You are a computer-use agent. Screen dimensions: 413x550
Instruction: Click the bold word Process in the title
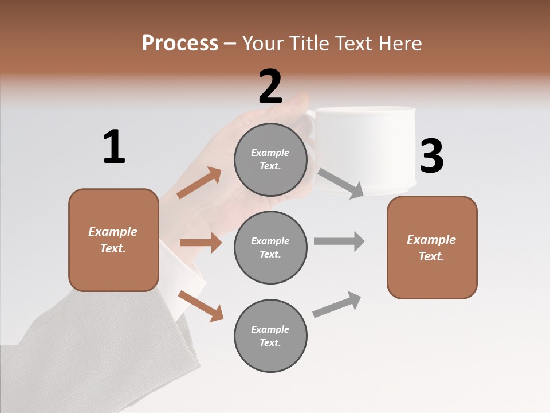tap(180, 43)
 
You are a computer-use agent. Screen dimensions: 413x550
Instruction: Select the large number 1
tap(114, 147)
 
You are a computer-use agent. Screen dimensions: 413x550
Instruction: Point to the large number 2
tap(270, 87)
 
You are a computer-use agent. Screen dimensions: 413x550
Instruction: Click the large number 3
tap(431, 157)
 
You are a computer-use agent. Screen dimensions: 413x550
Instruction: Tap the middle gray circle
tap(270, 247)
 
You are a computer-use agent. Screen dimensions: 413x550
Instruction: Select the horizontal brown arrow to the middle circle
tap(201, 243)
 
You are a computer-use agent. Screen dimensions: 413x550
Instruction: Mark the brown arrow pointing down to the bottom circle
tap(201, 305)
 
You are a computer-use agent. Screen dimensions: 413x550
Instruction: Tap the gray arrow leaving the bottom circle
tap(337, 305)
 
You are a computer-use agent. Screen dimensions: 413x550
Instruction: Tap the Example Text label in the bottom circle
tap(270, 336)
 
